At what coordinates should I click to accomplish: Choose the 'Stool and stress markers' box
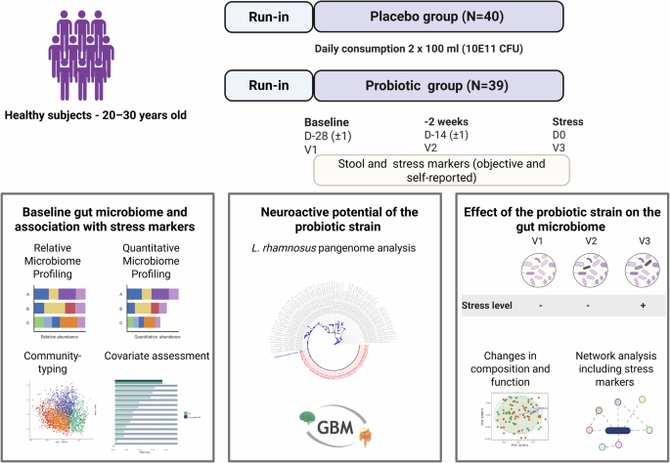click(x=442, y=172)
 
